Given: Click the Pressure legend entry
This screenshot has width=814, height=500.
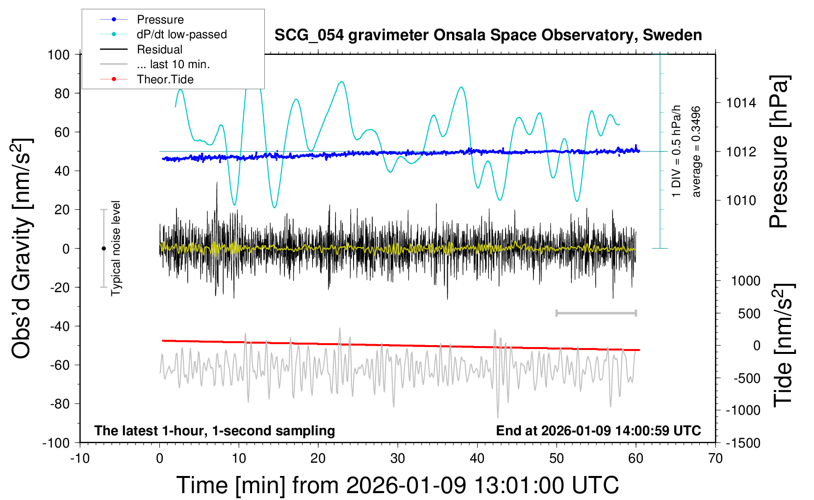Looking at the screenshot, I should pos(160,20).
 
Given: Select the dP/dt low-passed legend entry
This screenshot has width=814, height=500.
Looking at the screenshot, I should pos(181,34).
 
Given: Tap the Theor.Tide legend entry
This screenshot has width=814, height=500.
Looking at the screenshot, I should pos(165,79).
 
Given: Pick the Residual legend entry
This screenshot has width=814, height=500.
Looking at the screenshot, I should pos(159,50).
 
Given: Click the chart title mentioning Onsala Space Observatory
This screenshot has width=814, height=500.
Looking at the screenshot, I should pos(488,35).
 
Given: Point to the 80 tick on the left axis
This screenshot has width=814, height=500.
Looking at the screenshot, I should pos(62,93).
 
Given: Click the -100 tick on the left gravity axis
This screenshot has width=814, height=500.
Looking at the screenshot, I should pos(56,443).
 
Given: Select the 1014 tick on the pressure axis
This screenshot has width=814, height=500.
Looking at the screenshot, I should pos(741,103).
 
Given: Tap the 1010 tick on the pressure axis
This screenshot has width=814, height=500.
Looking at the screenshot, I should pos(741,200).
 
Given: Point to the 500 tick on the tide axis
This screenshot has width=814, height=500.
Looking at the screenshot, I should pos(749,313).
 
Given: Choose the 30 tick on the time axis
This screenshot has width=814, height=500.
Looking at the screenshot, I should pos(398,458).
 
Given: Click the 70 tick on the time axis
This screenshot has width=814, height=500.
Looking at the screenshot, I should pos(715,458).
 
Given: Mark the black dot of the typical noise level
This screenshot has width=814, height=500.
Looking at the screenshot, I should pos(103,249).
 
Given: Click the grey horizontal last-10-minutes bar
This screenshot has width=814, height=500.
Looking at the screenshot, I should pos(596,313).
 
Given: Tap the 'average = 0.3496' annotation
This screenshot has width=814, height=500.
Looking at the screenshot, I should pos(696,152).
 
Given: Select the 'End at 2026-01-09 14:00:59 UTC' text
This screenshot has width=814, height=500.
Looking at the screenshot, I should pos(598,430).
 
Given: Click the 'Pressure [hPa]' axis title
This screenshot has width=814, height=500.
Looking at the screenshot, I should pos(779,152).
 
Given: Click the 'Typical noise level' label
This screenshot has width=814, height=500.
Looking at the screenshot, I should pos(116,248).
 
